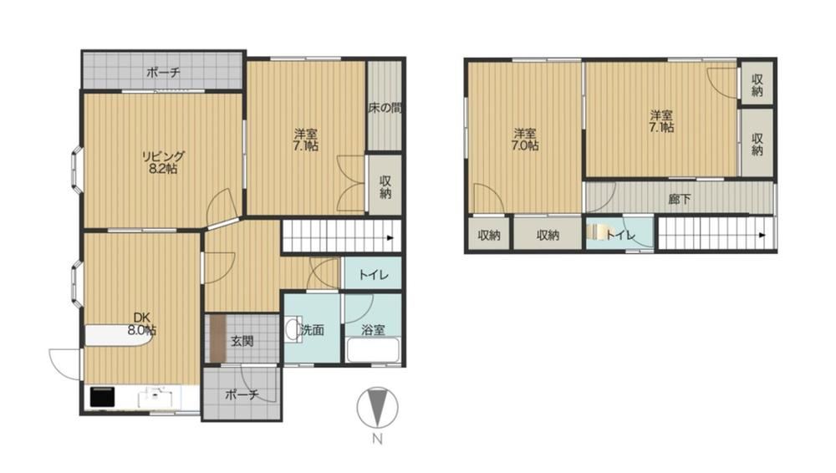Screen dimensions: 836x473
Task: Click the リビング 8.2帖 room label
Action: pos(163,163)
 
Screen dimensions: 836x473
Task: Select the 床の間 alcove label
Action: pos(385,109)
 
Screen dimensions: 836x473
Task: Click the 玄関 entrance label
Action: pos(242,341)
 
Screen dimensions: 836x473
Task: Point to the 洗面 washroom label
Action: pos(312,330)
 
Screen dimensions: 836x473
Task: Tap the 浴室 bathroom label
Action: pos(373,330)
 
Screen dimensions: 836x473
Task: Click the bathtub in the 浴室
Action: pos(373,352)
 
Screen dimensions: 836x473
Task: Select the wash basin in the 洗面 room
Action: pos(293,329)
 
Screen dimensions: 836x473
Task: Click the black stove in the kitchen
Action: pos(102,397)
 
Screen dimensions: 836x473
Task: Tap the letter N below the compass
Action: pos(378,440)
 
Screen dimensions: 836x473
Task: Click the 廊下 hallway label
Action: pos(679,199)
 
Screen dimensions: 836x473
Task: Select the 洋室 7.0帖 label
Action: pos(525,140)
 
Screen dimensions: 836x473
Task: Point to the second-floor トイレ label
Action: pos(620,235)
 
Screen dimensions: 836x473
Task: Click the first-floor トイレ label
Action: pos(373,275)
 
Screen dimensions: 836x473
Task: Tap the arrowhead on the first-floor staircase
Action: pos(390,238)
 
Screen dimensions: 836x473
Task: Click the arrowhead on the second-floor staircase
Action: pos(762,235)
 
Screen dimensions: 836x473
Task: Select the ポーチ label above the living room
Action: pos(163,73)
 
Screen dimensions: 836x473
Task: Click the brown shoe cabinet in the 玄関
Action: pos(218,338)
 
